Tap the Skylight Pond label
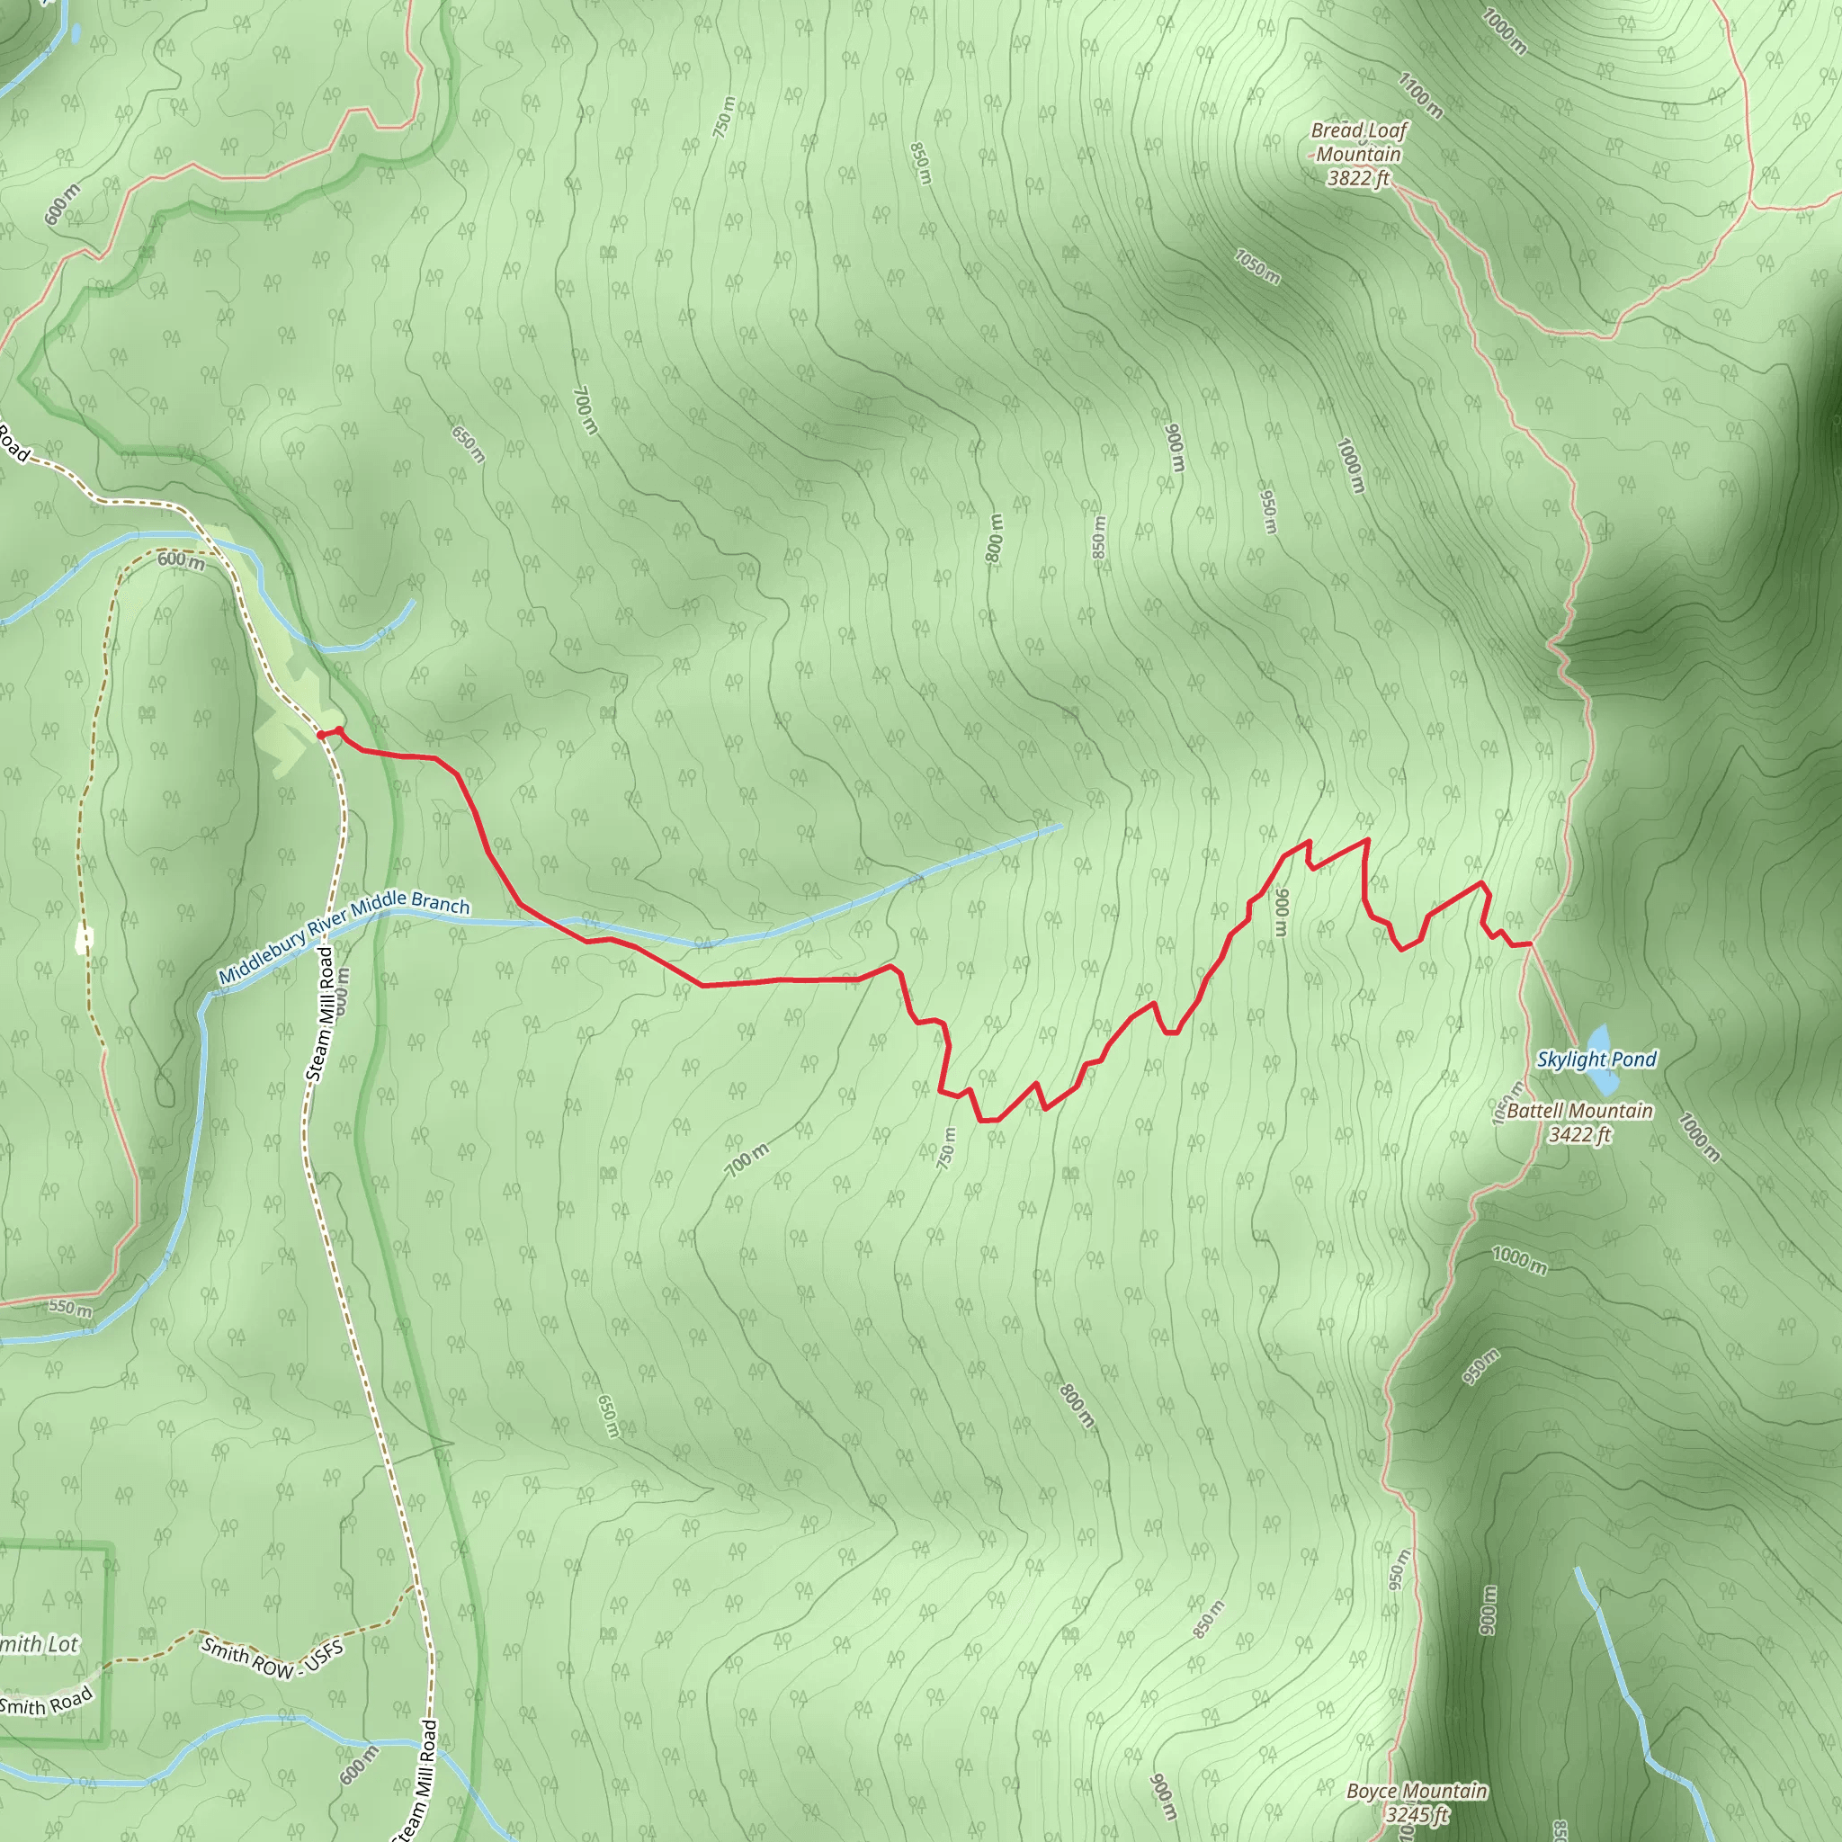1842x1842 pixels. [x=1596, y=1060]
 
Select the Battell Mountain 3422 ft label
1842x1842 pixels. [x=1578, y=1122]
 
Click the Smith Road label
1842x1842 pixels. [x=46, y=1700]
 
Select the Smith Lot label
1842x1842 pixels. [x=38, y=1644]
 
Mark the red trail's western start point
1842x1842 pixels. [x=321, y=734]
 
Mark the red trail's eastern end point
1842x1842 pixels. [x=1529, y=943]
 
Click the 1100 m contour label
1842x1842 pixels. [x=1419, y=95]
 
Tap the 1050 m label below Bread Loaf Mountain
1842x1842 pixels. [x=1256, y=267]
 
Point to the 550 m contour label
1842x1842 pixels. [x=70, y=1307]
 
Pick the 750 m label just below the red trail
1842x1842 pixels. [x=946, y=1148]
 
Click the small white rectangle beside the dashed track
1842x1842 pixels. [x=84, y=940]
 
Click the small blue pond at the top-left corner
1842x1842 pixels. [x=76, y=32]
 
